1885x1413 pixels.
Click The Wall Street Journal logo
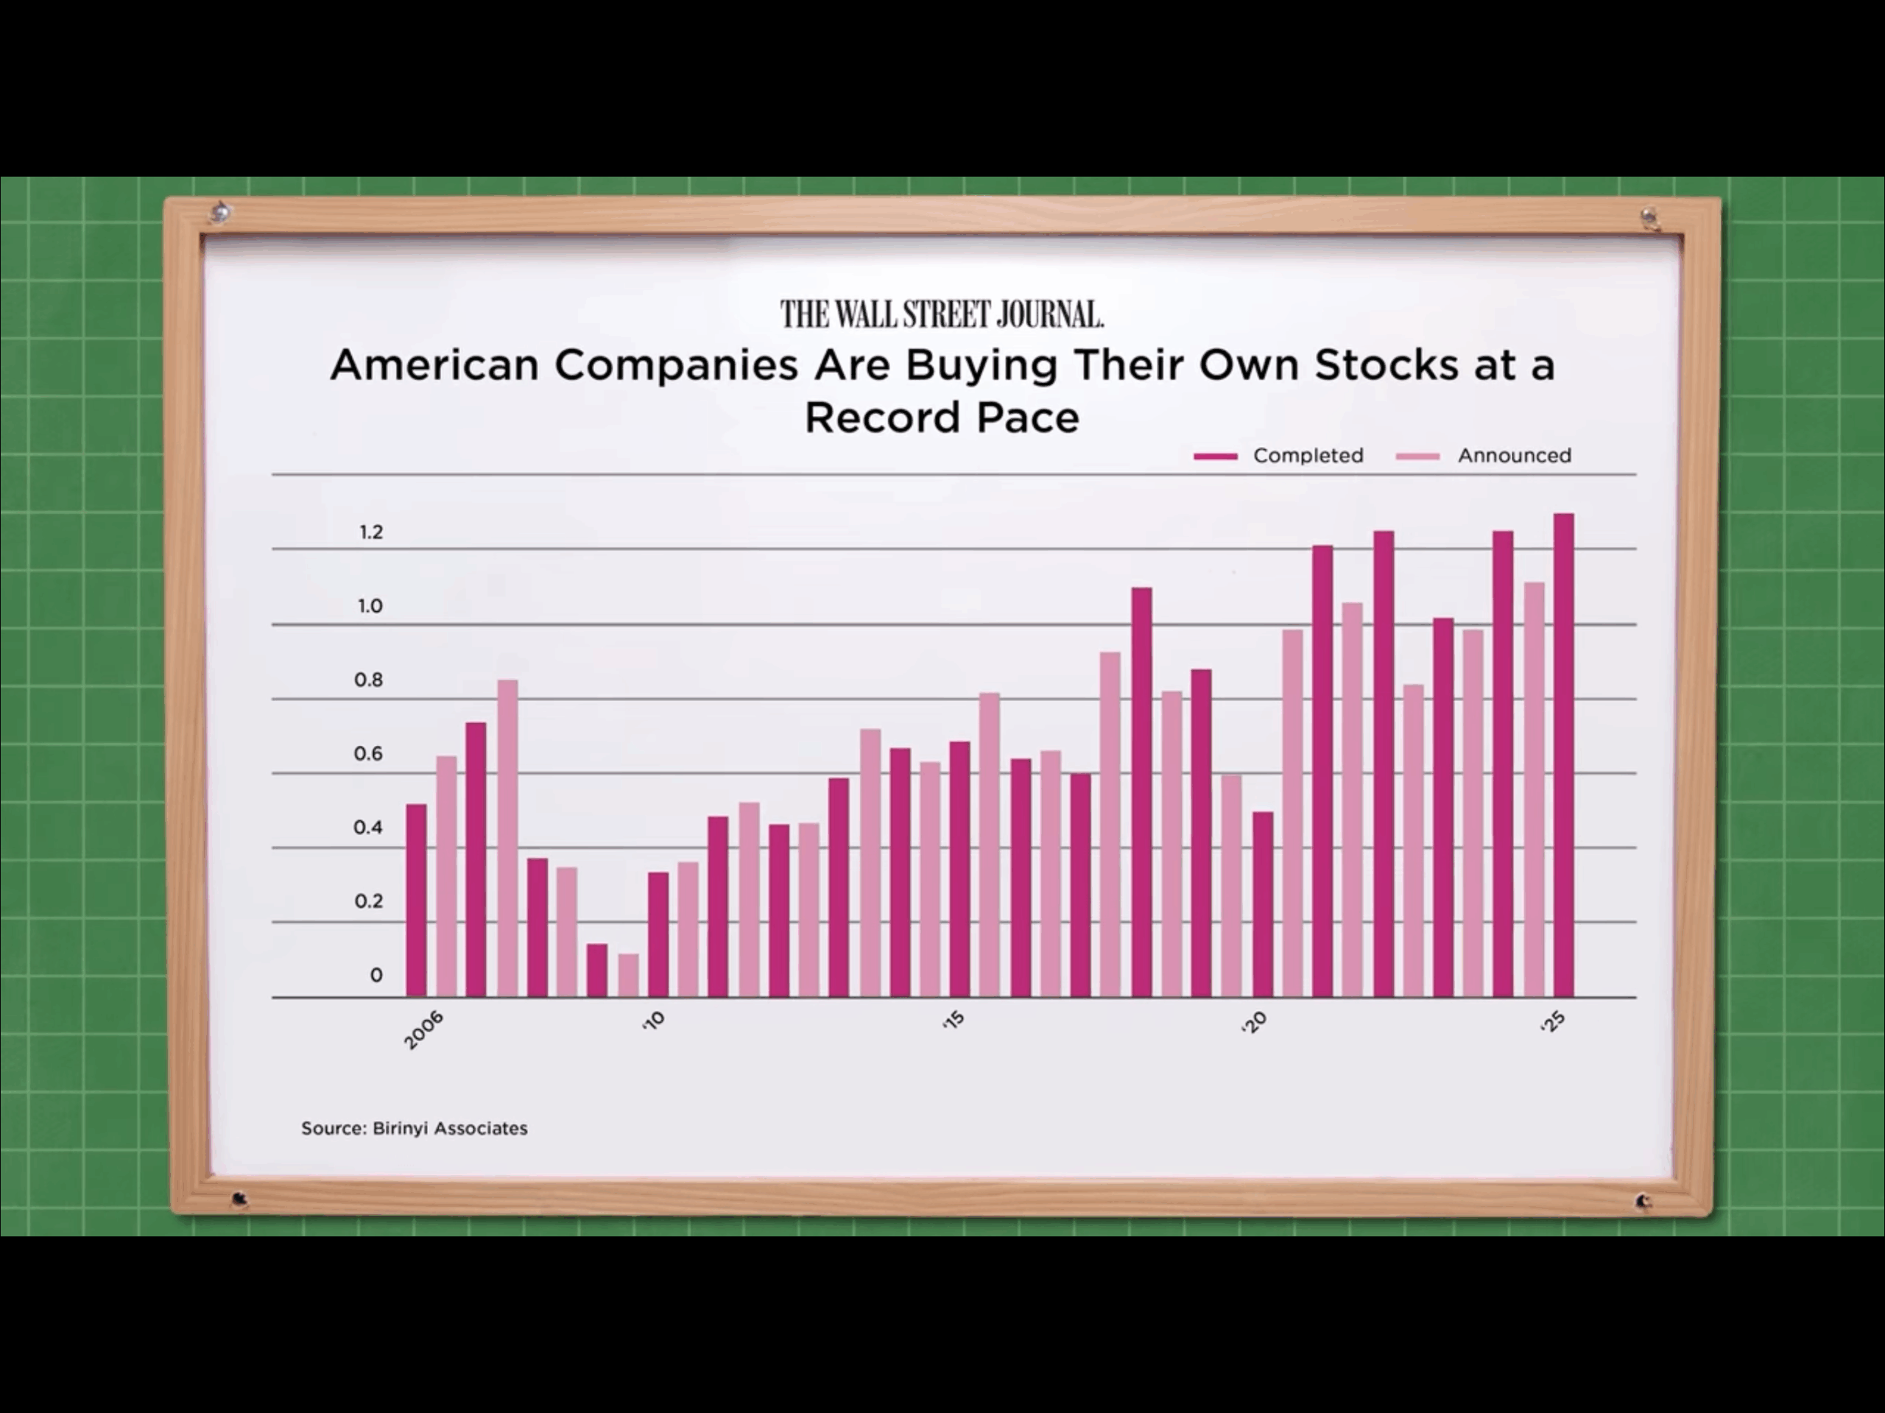click(x=942, y=314)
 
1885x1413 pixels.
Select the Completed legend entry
click(x=1278, y=456)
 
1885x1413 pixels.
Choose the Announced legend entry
click(x=1484, y=456)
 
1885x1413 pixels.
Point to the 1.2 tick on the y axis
click(x=370, y=532)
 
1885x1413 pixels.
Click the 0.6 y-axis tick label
click(x=368, y=754)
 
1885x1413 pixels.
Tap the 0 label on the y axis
click(x=376, y=975)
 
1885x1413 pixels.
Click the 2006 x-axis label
click(x=423, y=1030)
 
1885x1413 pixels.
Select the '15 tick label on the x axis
click(x=954, y=1020)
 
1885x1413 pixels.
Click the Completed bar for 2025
click(x=1564, y=755)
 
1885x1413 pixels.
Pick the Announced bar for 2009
click(x=628, y=975)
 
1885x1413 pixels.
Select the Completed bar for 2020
click(x=1263, y=904)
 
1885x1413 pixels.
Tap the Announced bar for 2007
click(x=508, y=839)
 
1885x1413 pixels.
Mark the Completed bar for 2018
click(x=1142, y=792)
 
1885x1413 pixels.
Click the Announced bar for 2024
click(x=1534, y=790)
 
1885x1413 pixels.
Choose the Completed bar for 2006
click(x=416, y=901)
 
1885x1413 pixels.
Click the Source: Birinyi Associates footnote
click(x=414, y=1128)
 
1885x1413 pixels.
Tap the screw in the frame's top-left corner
click(x=221, y=211)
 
